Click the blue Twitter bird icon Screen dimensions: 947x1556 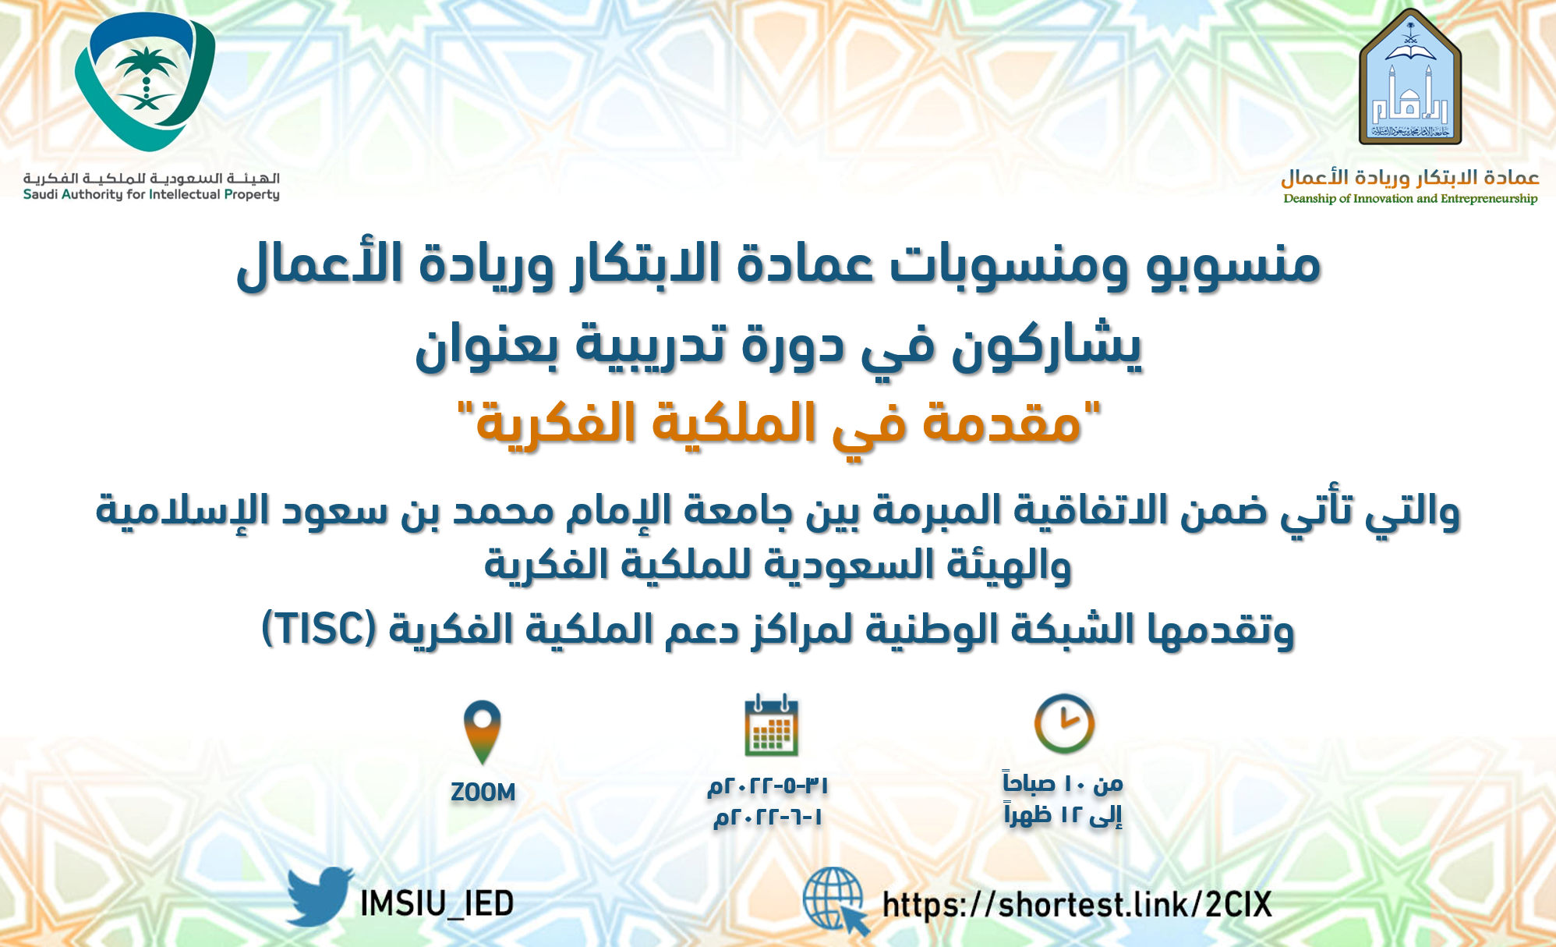(x=318, y=897)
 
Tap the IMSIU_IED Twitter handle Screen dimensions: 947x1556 (x=437, y=904)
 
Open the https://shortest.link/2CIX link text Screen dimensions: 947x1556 (x=1077, y=905)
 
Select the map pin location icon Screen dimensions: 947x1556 (x=482, y=732)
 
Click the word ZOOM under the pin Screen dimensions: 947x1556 (x=483, y=793)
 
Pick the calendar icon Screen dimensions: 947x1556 (x=771, y=725)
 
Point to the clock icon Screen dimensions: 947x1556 (x=1064, y=723)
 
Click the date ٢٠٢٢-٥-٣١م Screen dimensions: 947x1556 (x=768, y=785)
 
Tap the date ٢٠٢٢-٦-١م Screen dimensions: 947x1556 (x=768, y=818)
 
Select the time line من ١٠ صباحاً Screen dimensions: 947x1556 (x=1063, y=782)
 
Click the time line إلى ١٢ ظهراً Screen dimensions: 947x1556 (x=1063, y=815)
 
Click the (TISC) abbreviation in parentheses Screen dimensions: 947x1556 (x=320, y=629)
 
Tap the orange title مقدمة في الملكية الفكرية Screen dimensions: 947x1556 (x=778, y=423)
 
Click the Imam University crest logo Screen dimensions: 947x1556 (x=1409, y=78)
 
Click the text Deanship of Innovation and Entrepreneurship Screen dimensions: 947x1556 (x=1410, y=198)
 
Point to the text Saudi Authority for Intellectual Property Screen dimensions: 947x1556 (x=151, y=194)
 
